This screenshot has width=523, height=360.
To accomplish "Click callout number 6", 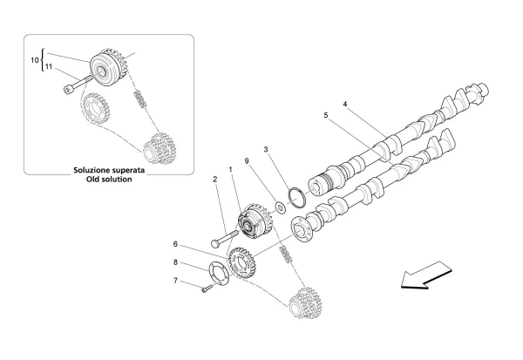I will coord(175,244).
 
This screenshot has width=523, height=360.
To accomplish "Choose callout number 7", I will coord(175,280).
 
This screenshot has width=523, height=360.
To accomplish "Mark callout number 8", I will coord(175,262).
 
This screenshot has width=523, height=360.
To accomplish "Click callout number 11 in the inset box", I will coord(49,66).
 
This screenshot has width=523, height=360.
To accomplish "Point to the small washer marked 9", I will coord(281,207).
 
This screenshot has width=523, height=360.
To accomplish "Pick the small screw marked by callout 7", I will coord(206,290).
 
